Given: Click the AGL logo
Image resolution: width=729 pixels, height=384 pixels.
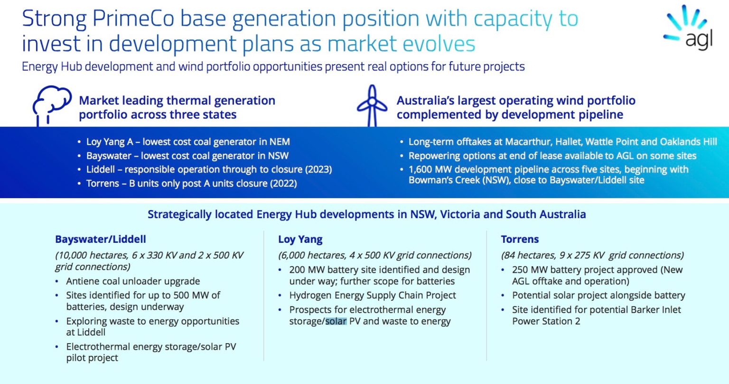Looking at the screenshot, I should pyautogui.click(x=690, y=28).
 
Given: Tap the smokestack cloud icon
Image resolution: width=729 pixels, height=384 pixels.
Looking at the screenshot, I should pyautogui.click(x=51, y=105).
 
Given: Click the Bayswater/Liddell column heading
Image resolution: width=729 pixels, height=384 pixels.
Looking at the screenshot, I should pyautogui.click(x=100, y=239).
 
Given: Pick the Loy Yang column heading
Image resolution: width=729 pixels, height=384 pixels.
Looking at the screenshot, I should pyautogui.click(x=300, y=239).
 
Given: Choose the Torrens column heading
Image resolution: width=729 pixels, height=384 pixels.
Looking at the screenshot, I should pyautogui.click(x=520, y=239).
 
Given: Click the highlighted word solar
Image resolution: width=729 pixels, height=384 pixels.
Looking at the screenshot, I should pyautogui.click(x=336, y=321).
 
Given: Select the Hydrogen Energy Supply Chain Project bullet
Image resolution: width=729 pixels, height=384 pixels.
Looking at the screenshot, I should pyautogui.click(x=373, y=295).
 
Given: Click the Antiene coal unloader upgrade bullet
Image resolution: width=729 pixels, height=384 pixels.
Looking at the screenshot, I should pyautogui.click(x=133, y=281).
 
